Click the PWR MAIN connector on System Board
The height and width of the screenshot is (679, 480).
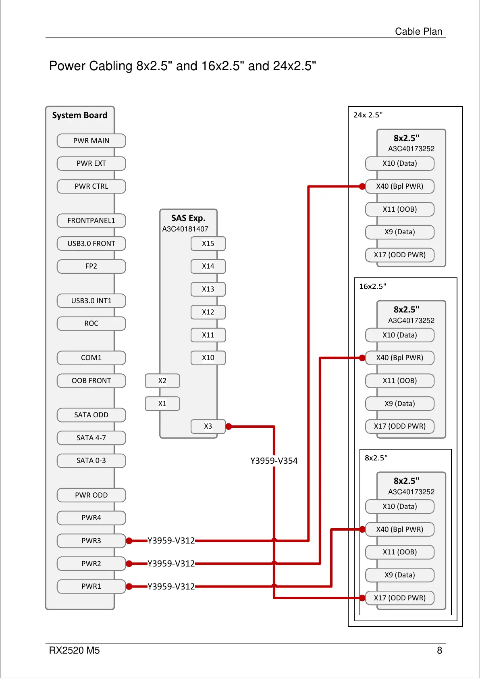91,141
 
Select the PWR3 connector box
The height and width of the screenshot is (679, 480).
91,541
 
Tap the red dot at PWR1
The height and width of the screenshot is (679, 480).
129,587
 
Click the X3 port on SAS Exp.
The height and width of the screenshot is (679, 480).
208,426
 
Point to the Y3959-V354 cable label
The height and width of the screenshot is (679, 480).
274,461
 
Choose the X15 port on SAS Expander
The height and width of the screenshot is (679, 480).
208,244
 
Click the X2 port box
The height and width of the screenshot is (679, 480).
162,381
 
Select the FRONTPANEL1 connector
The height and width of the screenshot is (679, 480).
91,221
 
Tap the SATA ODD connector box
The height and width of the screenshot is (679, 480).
91,415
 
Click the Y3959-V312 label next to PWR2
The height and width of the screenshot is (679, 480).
171,564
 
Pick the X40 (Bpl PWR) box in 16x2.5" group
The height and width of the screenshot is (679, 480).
399,358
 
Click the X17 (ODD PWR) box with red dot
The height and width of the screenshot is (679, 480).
399,598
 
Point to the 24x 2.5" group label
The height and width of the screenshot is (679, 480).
368,115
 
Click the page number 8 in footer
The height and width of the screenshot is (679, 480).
439,650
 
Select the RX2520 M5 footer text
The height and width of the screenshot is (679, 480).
74,650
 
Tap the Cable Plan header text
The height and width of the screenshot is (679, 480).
418,31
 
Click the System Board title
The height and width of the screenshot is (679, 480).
80,115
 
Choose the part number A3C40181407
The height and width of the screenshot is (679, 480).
185,229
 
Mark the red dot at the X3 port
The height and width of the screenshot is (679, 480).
229,427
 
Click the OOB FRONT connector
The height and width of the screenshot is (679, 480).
91,381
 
